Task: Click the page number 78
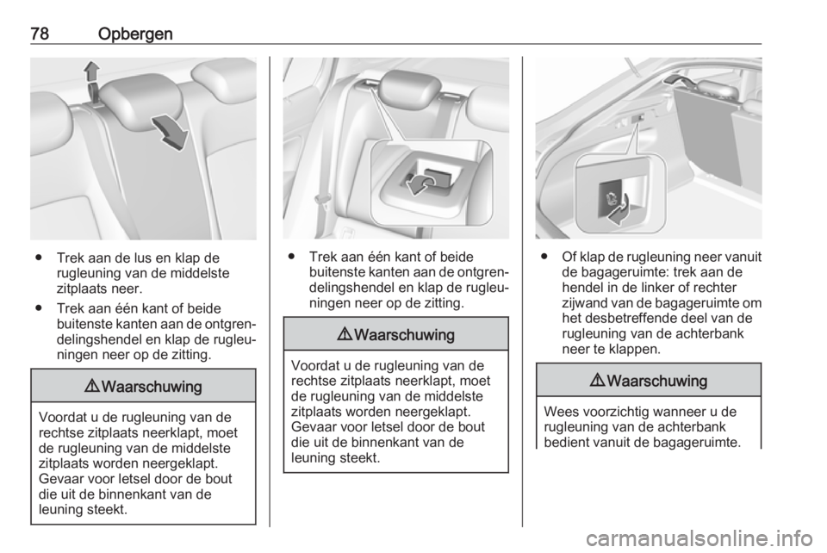40,34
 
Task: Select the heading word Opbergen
135,34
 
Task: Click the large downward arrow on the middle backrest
170,133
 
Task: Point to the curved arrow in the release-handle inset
422,184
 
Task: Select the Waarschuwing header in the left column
144,387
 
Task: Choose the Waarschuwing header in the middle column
396,335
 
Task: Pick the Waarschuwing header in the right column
649,381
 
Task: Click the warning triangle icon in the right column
598,381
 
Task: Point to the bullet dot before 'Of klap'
543,258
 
